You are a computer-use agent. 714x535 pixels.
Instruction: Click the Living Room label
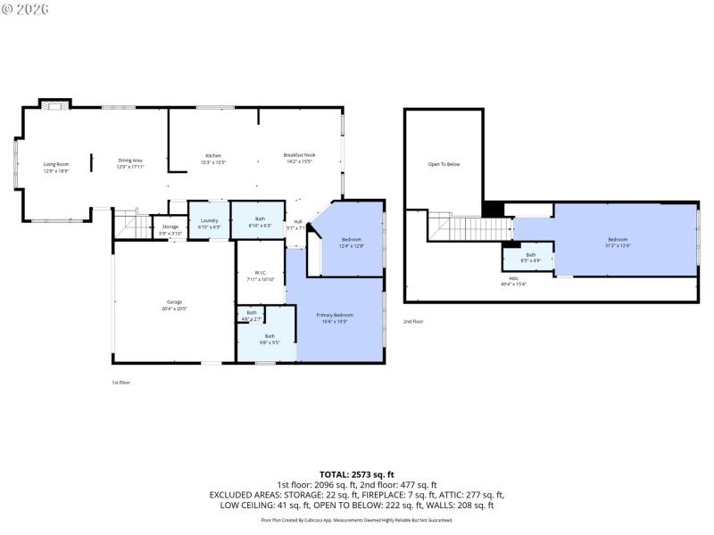56,167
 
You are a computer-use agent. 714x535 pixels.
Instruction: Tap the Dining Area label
130,163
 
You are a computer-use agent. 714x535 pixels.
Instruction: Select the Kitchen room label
213,159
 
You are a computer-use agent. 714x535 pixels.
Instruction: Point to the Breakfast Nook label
299,158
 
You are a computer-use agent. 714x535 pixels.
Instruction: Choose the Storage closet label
170,230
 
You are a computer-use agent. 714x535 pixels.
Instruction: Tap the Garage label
174,305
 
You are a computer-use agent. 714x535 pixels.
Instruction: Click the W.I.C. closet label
261,276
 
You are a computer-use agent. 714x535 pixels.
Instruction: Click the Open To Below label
444,164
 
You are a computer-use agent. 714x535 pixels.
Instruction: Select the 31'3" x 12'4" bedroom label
618,242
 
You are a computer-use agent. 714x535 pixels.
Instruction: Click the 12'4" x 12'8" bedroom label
353,243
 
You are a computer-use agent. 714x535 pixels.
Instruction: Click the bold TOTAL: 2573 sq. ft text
357,473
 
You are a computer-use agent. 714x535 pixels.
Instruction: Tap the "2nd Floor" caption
413,321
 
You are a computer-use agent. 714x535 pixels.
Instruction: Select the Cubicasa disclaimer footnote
357,519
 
